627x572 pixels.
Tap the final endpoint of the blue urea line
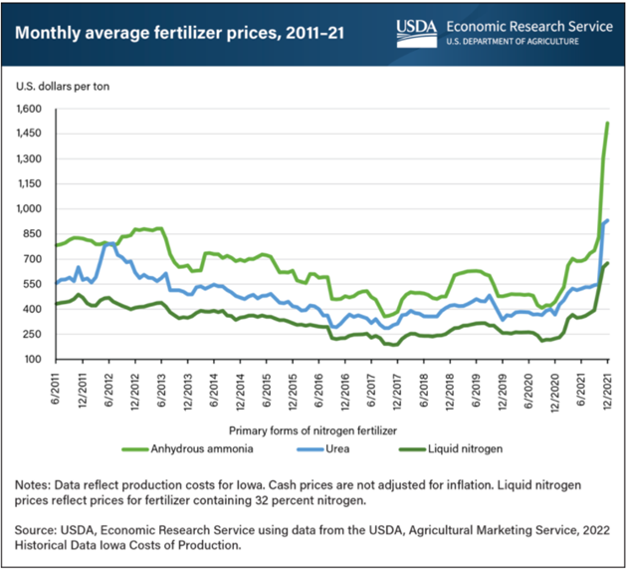coord(608,220)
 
